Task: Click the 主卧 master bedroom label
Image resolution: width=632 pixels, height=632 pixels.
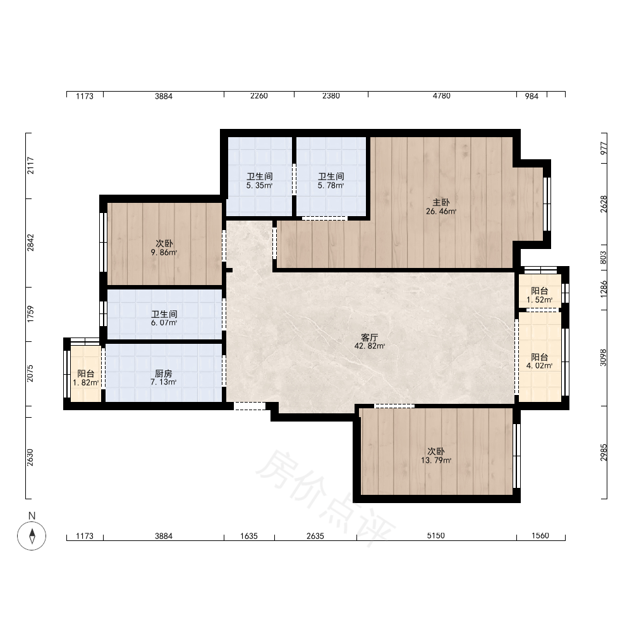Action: pos(441,202)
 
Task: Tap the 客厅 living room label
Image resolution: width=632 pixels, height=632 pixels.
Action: pos(370,337)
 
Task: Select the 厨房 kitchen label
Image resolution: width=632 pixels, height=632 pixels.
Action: pos(163,374)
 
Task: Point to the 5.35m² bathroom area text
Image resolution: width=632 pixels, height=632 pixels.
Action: pos(259,186)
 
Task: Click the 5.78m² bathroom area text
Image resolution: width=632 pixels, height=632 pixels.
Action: pos(331,186)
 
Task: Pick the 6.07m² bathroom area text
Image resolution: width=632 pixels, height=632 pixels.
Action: pos(164,323)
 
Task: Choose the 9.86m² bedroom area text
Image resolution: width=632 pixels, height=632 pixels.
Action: pos(164,253)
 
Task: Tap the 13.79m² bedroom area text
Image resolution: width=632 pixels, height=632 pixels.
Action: pos(435,460)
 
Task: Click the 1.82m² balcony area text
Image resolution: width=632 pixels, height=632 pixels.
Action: pos(85,382)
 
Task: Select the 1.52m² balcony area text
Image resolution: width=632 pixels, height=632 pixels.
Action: pos(539,300)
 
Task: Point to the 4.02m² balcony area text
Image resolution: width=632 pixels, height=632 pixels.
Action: pos(539,366)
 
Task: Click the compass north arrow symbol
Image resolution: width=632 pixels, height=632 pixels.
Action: pos(32,536)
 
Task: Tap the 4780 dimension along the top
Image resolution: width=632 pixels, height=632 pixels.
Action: pos(441,96)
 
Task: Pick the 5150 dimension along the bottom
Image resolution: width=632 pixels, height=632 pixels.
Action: pos(435,536)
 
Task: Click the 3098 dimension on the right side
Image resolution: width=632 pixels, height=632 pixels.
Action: pos(603,358)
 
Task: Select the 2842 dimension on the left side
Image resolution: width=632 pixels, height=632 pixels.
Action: pos(30,243)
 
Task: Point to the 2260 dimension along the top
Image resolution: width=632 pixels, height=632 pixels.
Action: pos(258,96)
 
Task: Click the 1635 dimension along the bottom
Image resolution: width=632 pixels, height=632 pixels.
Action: pos(248,536)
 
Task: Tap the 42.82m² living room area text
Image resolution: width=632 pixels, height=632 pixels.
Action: pos(370,346)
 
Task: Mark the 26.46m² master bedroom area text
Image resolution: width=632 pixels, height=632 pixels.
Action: pos(441,211)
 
